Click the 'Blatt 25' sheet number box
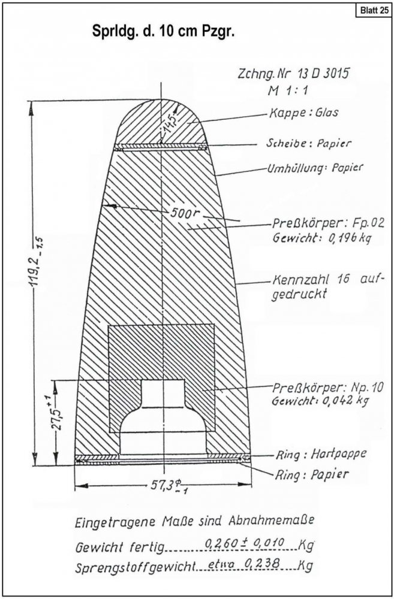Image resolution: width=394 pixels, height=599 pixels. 374,10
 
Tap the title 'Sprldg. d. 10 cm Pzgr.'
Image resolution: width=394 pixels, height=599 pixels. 163,32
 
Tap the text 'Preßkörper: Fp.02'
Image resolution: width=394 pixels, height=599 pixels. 328,222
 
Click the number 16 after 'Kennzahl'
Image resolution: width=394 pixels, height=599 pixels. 344,279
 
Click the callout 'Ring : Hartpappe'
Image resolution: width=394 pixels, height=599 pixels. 321,454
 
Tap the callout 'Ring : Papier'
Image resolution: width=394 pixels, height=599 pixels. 311,474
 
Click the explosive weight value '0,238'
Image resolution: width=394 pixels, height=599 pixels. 268,564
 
